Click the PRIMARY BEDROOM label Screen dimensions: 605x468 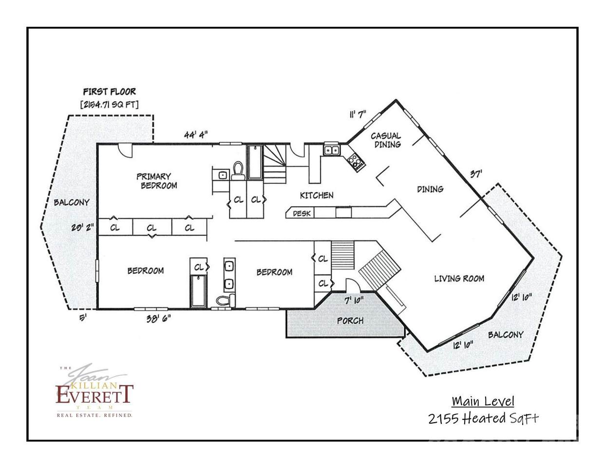[x=157, y=181]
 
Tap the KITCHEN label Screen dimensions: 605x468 [x=317, y=195]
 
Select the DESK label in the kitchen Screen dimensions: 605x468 [x=302, y=214]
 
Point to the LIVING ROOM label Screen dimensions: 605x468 [x=459, y=278]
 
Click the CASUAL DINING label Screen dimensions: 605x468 [x=386, y=140]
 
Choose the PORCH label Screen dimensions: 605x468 [x=350, y=321]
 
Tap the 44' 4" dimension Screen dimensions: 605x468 [x=196, y=135]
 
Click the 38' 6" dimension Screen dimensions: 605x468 [x=158, y=318]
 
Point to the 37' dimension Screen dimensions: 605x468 [x=476, y=174]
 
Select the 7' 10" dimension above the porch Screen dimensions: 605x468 [x=354, y=300]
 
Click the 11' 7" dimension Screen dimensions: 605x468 [x=358, y=114]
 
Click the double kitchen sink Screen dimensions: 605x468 [x=331, y=150]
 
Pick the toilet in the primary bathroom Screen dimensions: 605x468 [x=238, y=171]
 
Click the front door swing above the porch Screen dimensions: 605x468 [x=352, y=285]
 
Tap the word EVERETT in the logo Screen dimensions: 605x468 [x=95, y=395]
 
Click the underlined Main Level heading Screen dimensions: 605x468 [x=483, y=402]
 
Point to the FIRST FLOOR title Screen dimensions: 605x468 [x=110, y=92]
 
